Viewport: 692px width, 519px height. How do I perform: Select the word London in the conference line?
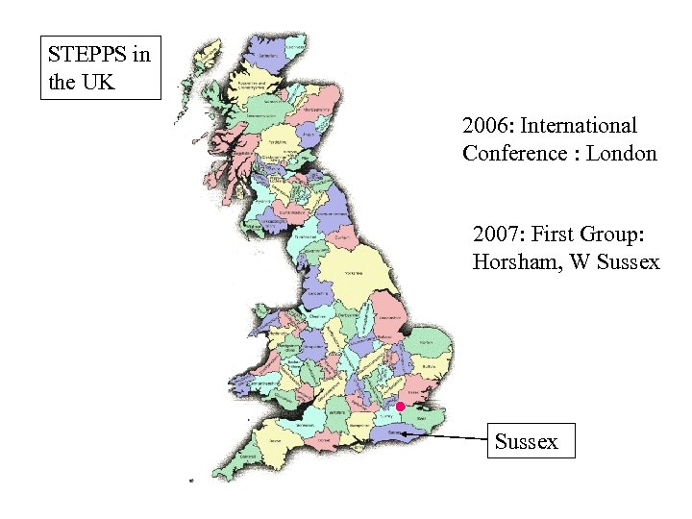click(621, 153)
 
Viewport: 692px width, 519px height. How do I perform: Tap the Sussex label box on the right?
click(531, 441)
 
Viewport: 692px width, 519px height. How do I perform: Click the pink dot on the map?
click(401, 407)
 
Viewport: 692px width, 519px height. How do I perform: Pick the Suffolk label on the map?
click(432, 369)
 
